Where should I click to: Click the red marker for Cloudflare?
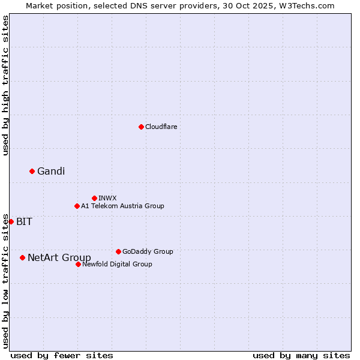[x=141, y=127]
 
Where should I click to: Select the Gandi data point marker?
[x=32, y=171]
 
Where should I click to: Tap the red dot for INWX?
[x=94, y=198]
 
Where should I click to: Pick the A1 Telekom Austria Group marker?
[x=77, y=206]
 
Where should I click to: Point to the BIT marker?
[x=11, y=221]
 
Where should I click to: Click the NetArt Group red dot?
[x=22, y=257]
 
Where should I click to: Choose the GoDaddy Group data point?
[x=118, y=251]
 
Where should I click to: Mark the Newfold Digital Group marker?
[x=78, y=264]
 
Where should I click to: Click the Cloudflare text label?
[x=161, y=127]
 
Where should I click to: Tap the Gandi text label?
[x=51, y=172]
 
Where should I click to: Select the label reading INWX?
[x=107, y=199]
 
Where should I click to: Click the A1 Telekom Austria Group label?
[x=122, y=206]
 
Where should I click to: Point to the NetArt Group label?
[x=59, y=258]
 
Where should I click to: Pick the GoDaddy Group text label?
[x=148, y=252]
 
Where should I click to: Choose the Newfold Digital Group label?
[x=117, y=265]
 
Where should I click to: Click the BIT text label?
[x=24, y=222]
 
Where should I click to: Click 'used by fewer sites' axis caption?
[x=62, y=355]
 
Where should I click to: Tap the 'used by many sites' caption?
[x=301, y=355]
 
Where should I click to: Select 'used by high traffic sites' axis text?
[x=5, y=85]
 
